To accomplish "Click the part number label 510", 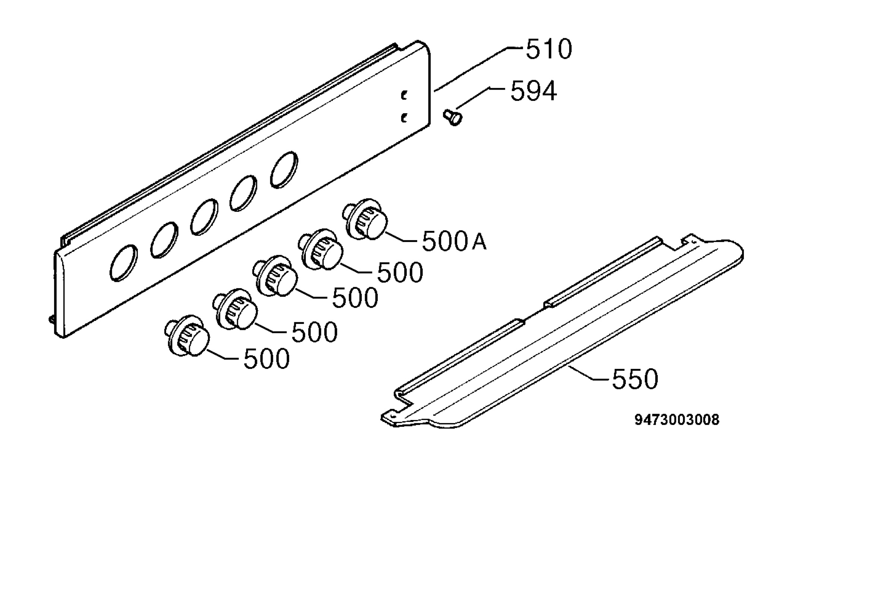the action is point(549,49).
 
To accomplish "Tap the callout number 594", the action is point(533,91).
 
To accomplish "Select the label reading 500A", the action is point(454,242).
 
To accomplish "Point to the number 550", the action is point(635,379).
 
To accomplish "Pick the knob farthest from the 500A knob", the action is point(187,336).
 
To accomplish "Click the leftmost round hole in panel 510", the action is point(123,263).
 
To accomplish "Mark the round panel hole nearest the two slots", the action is point(284,170).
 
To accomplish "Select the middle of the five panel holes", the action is point(204,217).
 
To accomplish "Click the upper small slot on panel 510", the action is point(403,95).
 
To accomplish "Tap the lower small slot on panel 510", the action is point(403,118).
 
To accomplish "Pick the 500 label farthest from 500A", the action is point(267,359).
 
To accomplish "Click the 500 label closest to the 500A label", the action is point(400,273).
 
